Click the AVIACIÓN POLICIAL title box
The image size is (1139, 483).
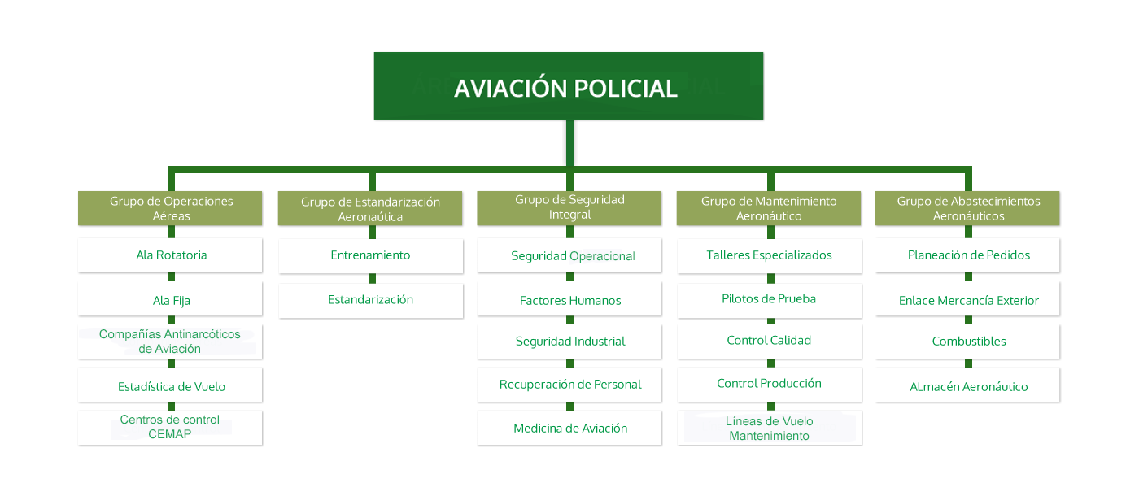coord(567,87)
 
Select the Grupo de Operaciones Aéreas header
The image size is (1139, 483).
coord(171,208)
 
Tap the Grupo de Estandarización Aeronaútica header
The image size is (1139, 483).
coord(370,209)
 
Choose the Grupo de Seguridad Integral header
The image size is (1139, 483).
coord(569,207)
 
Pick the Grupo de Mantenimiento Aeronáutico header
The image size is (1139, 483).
coord(769,208)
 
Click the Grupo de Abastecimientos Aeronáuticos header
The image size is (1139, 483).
coord(968,208)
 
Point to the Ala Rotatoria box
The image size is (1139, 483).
coord(171,255)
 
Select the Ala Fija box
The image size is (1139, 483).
coord(171,300)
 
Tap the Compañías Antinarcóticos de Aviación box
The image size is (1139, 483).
coord(170,342)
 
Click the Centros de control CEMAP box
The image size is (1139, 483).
coord(170,427)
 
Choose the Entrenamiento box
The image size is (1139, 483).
coord(370,255)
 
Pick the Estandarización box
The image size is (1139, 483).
coord(370,300)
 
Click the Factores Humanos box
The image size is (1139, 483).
coord(569,300)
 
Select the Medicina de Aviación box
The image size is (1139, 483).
coord(569,428)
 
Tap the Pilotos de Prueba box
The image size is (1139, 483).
coord(769,299)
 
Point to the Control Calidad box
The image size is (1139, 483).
coord(769,341)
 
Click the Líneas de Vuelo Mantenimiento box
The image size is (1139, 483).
coord(769,429)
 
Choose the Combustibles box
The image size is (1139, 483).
coord(968,342)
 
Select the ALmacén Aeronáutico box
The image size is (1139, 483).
coord(968,386)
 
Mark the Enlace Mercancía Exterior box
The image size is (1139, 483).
coord(968,300)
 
